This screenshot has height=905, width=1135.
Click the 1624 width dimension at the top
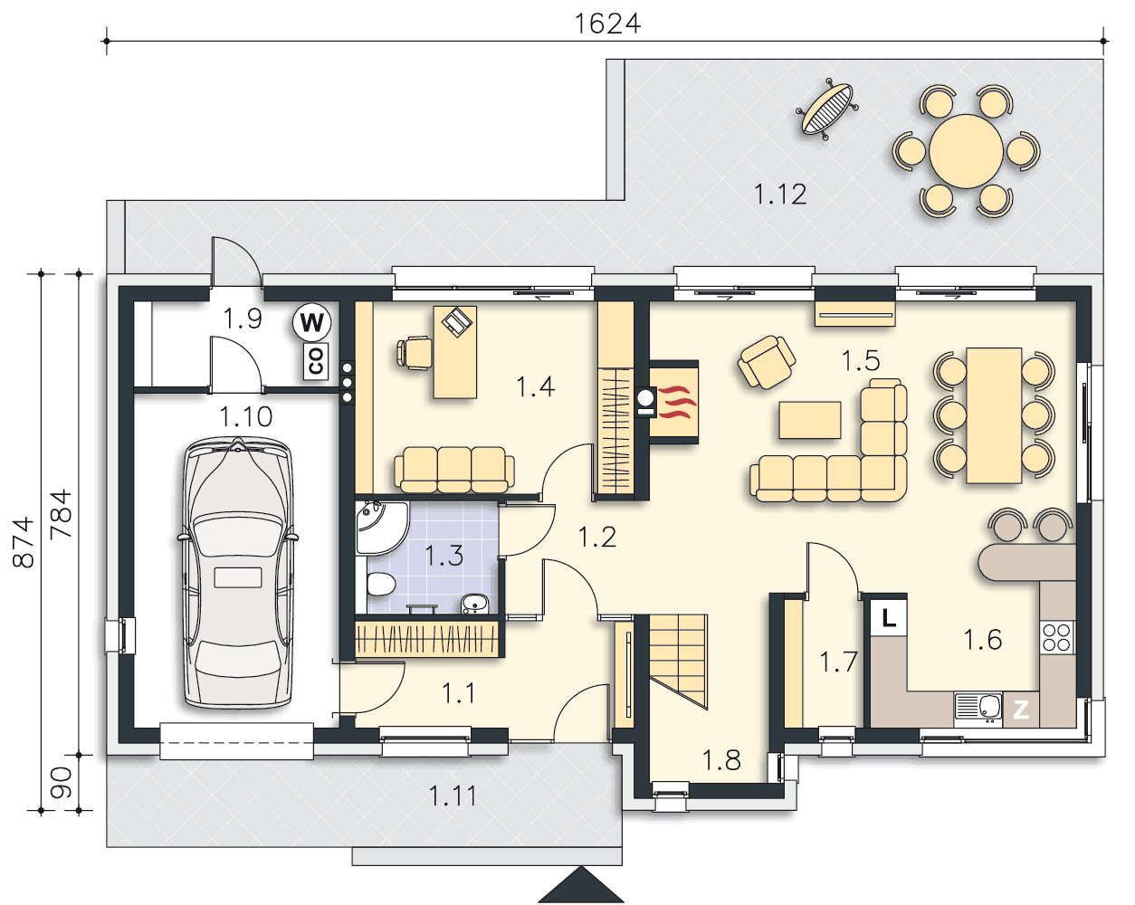607,24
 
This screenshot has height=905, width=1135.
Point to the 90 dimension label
61,782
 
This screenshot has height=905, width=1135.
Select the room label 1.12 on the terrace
780,194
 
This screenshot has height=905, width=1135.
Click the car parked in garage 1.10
238,572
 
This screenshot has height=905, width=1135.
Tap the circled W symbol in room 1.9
311,321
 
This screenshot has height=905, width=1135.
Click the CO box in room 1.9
316,361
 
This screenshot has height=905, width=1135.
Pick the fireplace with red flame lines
672,403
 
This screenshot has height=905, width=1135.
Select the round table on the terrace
966,151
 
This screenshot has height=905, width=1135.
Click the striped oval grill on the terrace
826,110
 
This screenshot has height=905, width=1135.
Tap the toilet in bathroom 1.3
381,585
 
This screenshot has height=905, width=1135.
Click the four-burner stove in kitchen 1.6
1057,638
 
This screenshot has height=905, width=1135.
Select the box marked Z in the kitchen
1021,710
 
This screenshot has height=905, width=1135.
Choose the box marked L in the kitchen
889,617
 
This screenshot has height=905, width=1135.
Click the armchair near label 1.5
767,362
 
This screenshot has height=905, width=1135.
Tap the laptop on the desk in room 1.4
457,321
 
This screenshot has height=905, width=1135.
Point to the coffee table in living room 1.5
810,420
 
